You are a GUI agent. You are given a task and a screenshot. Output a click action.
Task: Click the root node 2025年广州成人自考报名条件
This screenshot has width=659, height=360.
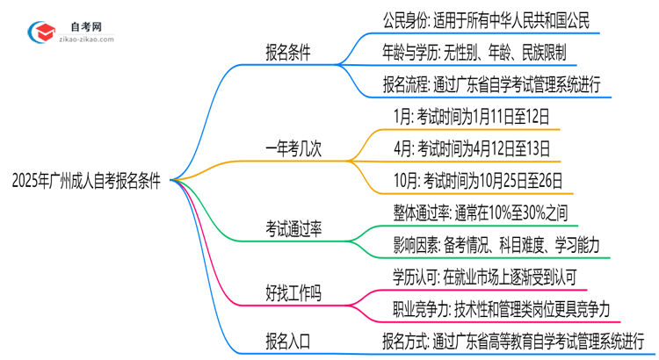coord(86,180)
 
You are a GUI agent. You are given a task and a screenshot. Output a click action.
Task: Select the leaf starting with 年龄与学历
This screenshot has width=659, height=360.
coord(479,51)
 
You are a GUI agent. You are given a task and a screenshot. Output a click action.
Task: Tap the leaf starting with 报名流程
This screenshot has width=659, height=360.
coord(491,85)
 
